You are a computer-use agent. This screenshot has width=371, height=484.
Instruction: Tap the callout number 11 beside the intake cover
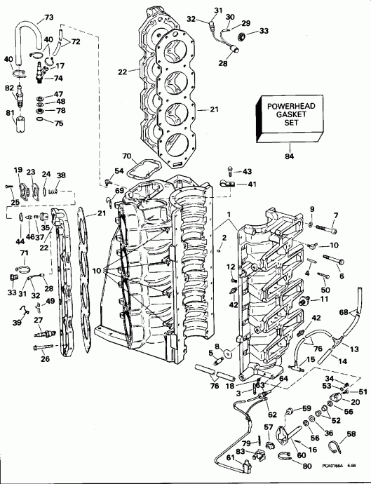[324, 299]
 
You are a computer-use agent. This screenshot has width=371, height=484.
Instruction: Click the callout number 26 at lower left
[46, 360]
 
